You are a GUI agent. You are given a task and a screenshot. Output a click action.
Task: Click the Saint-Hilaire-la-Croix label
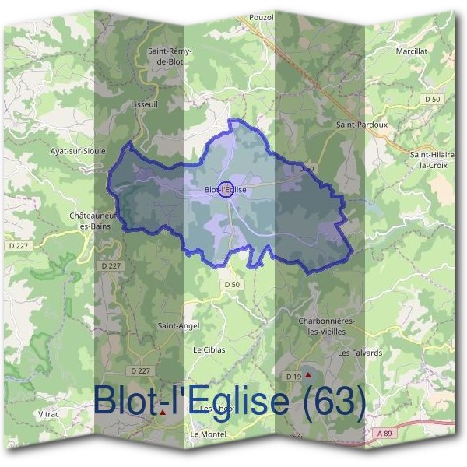tap(432, 160)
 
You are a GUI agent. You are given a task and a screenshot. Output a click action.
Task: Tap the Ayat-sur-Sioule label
tap(77, 151)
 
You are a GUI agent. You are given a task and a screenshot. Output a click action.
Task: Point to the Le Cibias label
tap(209, 350)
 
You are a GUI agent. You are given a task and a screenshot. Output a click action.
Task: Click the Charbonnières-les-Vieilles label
tap(327, 326)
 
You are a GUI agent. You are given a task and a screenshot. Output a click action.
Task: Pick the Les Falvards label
tap(360, 353)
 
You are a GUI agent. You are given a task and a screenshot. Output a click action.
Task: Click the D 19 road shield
tap(293, 377)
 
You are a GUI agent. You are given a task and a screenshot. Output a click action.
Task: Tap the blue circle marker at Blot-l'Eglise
tap(226, 189)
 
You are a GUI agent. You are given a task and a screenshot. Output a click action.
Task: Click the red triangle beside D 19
tap(308, 374)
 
